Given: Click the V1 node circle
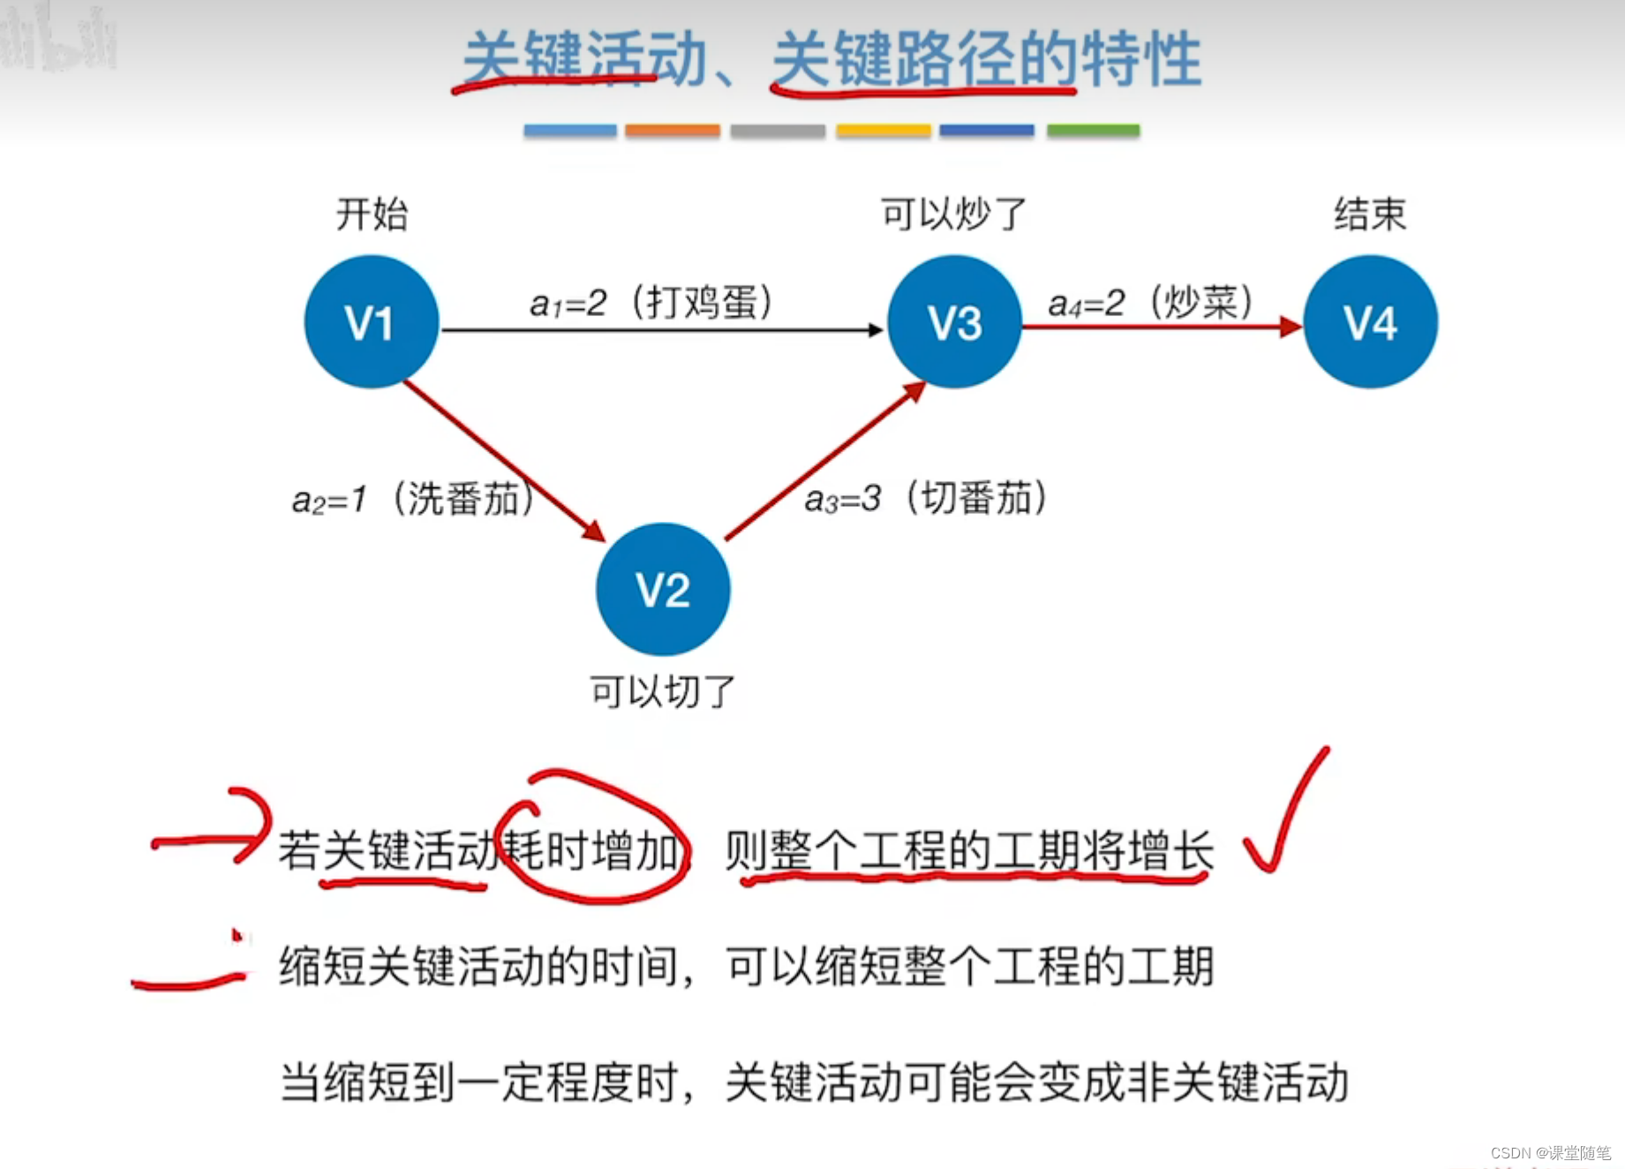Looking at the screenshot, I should click(x=371, y=321).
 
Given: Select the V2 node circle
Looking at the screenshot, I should click(x=663, y=589).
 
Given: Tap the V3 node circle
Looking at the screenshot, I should click(x=954, y=321).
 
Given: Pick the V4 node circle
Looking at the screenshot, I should click(x=1370, y=321).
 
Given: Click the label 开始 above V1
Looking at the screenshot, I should click(x=372, y=215).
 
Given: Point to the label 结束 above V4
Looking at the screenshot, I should click(x=1370, y=215).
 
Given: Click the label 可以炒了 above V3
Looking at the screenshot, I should click(x=954, y=215).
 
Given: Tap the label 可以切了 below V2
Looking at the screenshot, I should click(x=663, y=691).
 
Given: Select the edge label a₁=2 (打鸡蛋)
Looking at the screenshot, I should click(x=651, y=303).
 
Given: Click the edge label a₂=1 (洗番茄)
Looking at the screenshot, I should click(x=413, y=499).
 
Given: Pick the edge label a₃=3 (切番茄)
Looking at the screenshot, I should click(x=926, y=498).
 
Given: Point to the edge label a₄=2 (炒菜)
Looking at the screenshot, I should click(x=1150, y=303).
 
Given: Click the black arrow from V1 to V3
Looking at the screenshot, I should click(x=662, y=330).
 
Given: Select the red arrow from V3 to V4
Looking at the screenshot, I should click(x=1161, y=328).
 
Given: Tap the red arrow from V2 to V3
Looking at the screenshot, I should click(x=824, y=462).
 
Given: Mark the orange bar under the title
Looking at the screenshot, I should click(x=673, y=131).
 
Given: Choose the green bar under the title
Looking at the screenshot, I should click(x=1093, y=131).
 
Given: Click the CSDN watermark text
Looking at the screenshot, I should click(x=1550, y=1152).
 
